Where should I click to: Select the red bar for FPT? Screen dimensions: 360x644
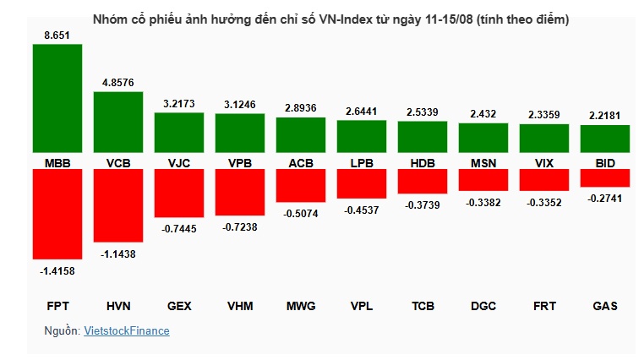click(57, 214)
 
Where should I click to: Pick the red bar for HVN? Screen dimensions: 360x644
click(117, 205)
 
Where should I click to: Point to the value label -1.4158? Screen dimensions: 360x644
click(57, 271)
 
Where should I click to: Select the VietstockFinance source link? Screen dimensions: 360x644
click(127, 331)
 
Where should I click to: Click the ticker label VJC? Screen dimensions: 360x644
click(179, 162)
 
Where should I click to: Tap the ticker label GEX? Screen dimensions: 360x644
click(179, 307)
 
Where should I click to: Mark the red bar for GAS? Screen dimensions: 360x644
click(605, 177)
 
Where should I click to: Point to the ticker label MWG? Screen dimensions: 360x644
click(301, 307)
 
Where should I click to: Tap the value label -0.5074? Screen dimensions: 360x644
click(301, 214)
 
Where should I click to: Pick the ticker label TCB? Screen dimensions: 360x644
click(423, 307)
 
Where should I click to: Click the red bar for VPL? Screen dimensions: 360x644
click(362, 183)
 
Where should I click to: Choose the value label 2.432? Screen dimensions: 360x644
click(483, 113)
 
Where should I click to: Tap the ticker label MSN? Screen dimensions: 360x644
click(483, 162)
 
